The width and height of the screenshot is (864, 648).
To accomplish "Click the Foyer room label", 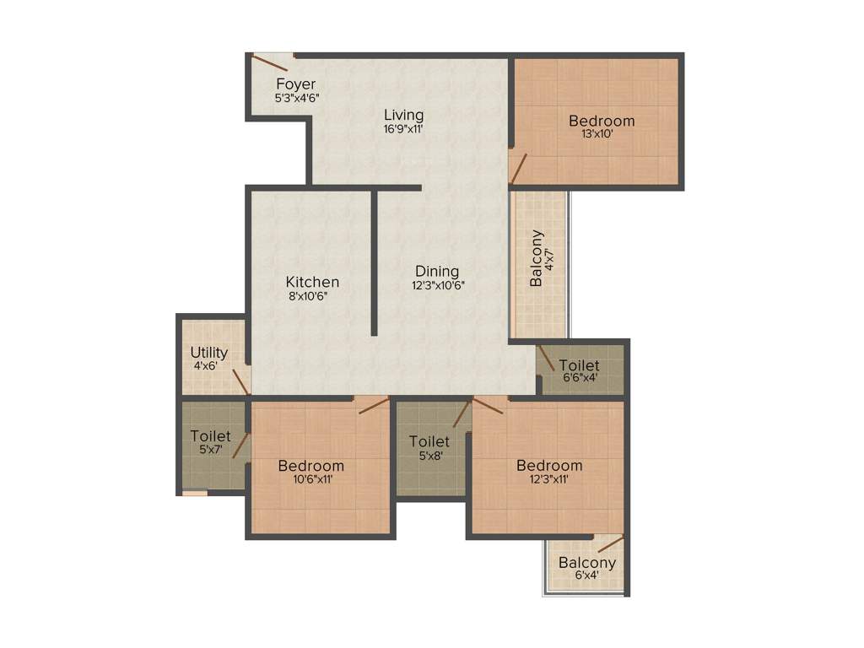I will click(295, 84).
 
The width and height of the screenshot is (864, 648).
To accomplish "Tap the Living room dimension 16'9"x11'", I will click(403, 129).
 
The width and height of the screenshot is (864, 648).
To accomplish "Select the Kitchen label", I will click(312, 282).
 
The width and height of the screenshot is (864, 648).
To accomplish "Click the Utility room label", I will click(208, 353).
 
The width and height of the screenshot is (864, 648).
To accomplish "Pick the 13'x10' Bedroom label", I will click(601, 121).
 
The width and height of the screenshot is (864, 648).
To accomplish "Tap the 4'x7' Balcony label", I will click(537, 259).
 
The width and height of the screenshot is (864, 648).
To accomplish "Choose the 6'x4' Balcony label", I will click(587, 563).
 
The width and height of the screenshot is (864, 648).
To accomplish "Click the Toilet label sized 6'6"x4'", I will click(580, 365).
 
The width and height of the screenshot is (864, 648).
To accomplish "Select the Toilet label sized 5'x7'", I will click(210, 436).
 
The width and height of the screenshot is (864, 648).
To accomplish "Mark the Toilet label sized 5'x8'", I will click(429, 441).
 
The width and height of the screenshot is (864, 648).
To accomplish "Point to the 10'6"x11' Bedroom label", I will click(311, 466).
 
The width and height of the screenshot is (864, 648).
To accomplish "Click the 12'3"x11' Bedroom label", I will click(549, 466).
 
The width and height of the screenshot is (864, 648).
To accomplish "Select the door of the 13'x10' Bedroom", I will click(518, 168).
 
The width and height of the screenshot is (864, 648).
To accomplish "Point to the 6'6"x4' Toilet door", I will click(547, 359).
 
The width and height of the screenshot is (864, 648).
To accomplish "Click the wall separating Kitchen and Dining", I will click(374, 262).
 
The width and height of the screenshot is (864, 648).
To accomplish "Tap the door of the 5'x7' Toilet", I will click(240, 445).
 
